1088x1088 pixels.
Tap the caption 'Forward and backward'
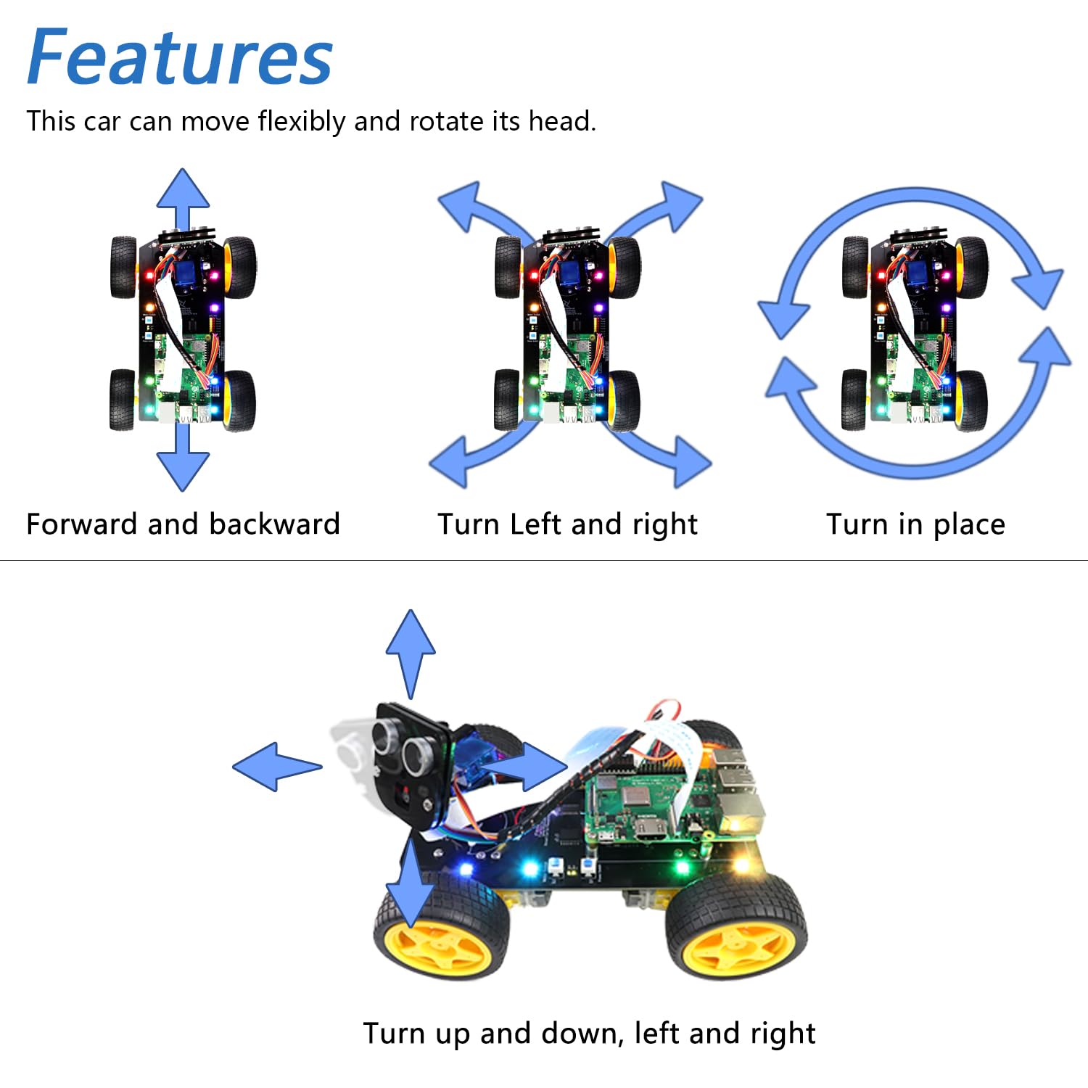coord(183,524)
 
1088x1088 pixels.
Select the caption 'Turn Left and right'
coord(567,524)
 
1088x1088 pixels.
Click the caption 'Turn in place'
coord(915,524)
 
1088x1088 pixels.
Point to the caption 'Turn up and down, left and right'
coord(589,1033)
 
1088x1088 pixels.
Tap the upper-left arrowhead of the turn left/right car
coord(462,205)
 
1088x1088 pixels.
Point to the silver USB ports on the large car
coord(740,783)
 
